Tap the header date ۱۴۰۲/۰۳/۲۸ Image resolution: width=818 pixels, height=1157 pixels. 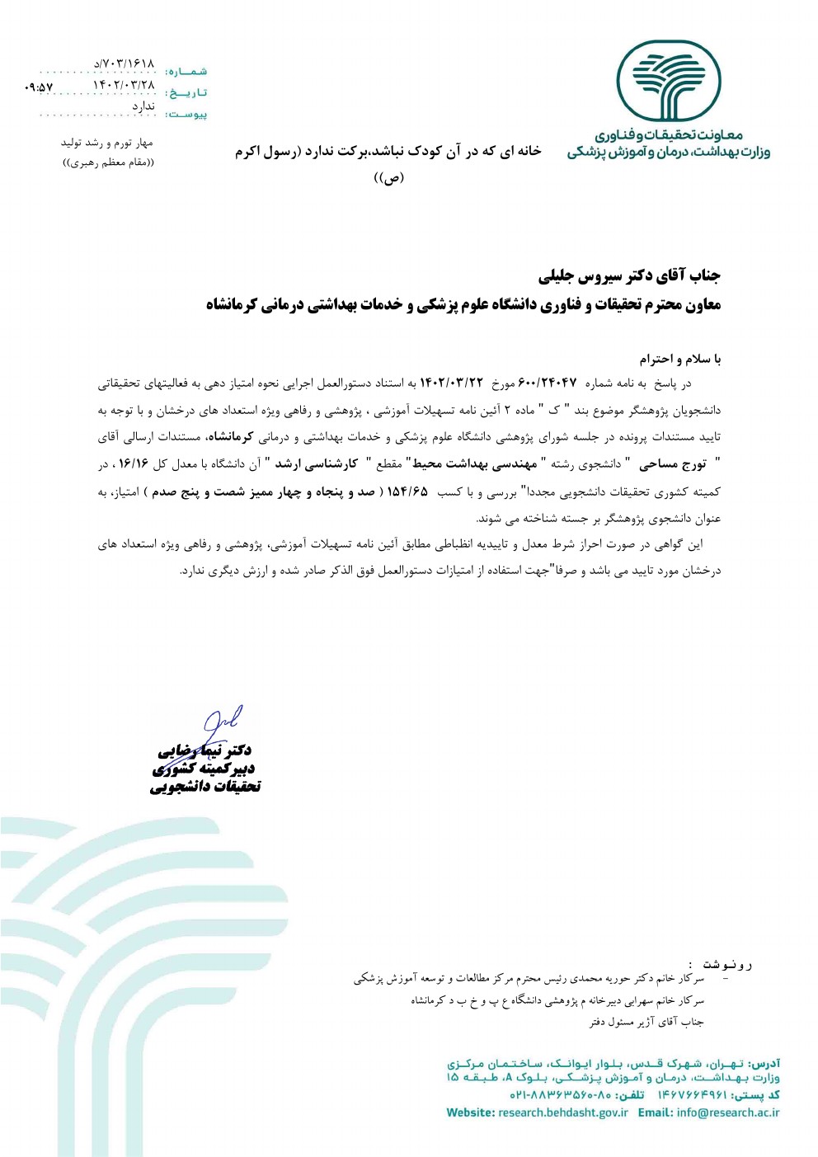(x=124, y=84)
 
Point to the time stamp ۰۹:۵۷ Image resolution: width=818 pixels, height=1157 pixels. (x=39, y=87)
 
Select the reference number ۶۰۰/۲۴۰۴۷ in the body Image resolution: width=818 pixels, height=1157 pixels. (x=548, y=383)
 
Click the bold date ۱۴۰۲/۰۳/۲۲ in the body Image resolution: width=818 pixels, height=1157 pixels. (x=451, y=383)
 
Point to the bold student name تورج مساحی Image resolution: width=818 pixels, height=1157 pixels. (x=673, y=464)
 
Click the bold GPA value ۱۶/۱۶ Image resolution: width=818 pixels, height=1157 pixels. (x=132, y=464)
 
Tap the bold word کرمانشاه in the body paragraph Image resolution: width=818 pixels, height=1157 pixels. (x=235, y=437)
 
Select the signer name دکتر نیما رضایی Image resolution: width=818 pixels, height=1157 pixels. (x=205, y=750)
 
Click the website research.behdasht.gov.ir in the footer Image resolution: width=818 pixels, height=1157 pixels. (x=562, y=1112)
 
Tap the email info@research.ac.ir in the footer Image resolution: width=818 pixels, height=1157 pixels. (x=728, y=1112)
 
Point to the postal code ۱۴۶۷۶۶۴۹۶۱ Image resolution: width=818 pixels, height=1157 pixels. (x=692, y=1095)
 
